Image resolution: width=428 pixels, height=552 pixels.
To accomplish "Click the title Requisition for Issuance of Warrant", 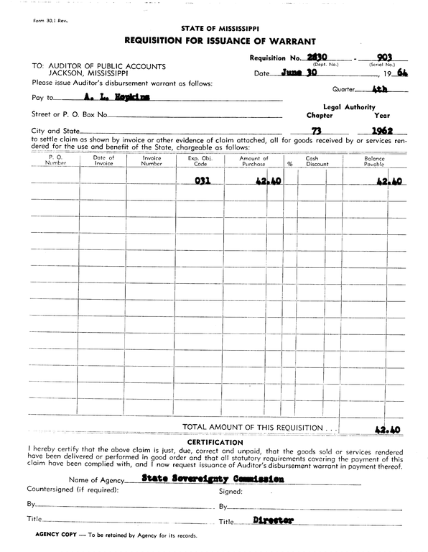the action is point(220,41).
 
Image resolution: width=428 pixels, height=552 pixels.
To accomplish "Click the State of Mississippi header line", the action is point(220,29).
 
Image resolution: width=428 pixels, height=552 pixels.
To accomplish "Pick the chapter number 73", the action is point(316,130).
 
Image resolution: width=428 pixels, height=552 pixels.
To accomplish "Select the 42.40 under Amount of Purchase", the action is point(266,182).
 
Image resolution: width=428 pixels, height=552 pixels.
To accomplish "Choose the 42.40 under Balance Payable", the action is point(388,182).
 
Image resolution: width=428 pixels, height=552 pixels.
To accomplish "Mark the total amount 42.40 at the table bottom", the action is point(388,430).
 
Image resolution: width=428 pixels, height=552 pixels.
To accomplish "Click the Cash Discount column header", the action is point(317,160).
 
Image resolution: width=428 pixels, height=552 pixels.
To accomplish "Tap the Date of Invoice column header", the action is point(103,160).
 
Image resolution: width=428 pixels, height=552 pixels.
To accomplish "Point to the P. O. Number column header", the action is point(55,160).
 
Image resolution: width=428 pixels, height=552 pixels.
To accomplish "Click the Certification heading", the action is point(220,441).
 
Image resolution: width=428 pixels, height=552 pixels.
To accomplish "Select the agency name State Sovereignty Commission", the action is point(208,477).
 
